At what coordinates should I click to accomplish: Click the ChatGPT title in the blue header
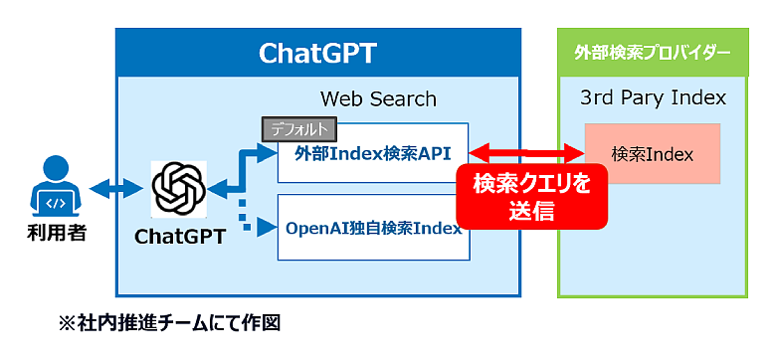point(317,54)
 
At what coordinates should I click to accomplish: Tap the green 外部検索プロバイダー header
point(653,53)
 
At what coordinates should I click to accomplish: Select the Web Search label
point(378,98)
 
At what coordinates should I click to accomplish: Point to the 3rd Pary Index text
point(653,97)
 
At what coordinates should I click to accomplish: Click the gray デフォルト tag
point(298,128)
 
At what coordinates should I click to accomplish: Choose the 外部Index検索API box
point(373,153)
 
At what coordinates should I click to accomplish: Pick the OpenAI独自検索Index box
point(373,228)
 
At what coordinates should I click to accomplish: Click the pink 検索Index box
point(652,154)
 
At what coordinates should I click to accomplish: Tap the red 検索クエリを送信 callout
point(531,196)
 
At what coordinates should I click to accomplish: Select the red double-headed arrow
point(526,153)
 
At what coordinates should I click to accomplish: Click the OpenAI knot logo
point(178,189)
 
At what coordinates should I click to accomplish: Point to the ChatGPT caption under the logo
point(180,237)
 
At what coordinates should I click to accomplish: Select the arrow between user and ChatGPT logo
point(115,189)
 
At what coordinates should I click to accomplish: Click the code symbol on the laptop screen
point(56,202)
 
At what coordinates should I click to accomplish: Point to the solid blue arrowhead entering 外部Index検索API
point(267,153)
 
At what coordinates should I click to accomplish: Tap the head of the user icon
point(56,168)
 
